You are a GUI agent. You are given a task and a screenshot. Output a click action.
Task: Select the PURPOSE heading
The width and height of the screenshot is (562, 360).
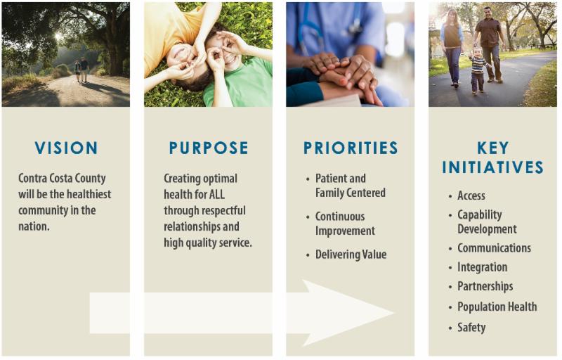pyautogui.click(x=209, y=148)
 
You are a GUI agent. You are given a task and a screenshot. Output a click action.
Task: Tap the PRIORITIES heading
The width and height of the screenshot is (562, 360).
pyautogui.click(x=351, y=148)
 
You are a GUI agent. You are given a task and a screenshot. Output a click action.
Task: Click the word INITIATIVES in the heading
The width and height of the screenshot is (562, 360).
pyautogui.click(x=493, y=167)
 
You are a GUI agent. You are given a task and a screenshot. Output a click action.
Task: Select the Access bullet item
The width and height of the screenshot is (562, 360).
pyautogui.click(x=471, y=195)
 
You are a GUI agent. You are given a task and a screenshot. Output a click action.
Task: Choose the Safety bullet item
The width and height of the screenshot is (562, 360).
pyautogui.click(x=471, y=327)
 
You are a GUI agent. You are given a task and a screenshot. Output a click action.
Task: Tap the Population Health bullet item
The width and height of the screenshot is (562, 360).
pyautogui.click(x=497, y=307)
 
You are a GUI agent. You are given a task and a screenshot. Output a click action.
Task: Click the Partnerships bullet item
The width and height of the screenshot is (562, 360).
pyautogui.click(x=485, y=286)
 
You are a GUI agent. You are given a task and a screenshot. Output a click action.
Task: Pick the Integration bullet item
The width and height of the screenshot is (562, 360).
pyautogui.click(x=482, y=267)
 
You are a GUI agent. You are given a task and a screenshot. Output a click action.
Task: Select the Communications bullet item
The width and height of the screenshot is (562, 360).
pyautogui.click(x=494, y=247)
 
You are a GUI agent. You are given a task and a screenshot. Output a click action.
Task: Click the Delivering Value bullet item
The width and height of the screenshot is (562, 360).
pyautogui.click(x=351, y=255)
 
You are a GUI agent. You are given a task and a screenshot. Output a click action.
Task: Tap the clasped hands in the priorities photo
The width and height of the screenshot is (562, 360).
pyautogui.click(x=344, y=70)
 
